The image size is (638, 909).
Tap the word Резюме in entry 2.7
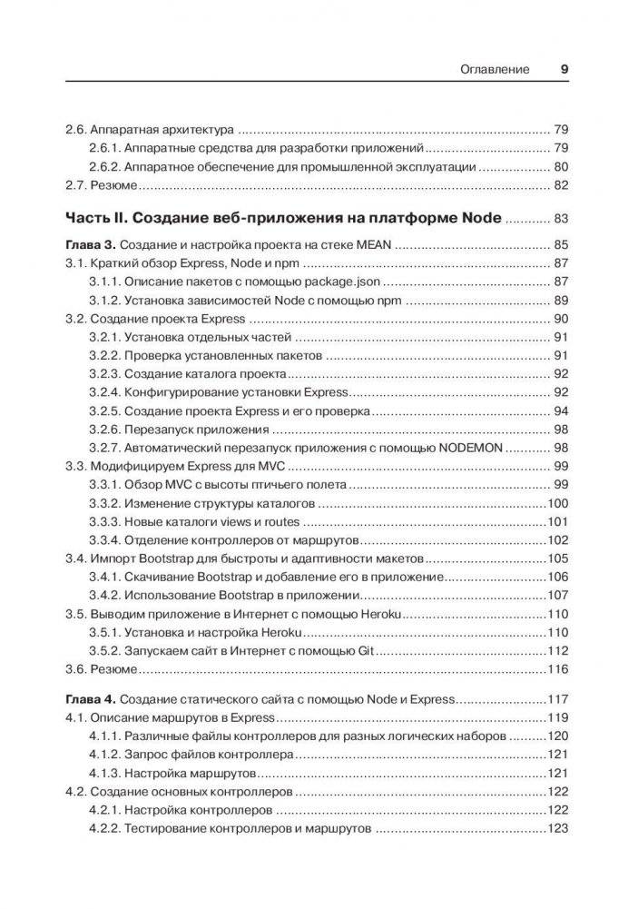click(x=113, y=186)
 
